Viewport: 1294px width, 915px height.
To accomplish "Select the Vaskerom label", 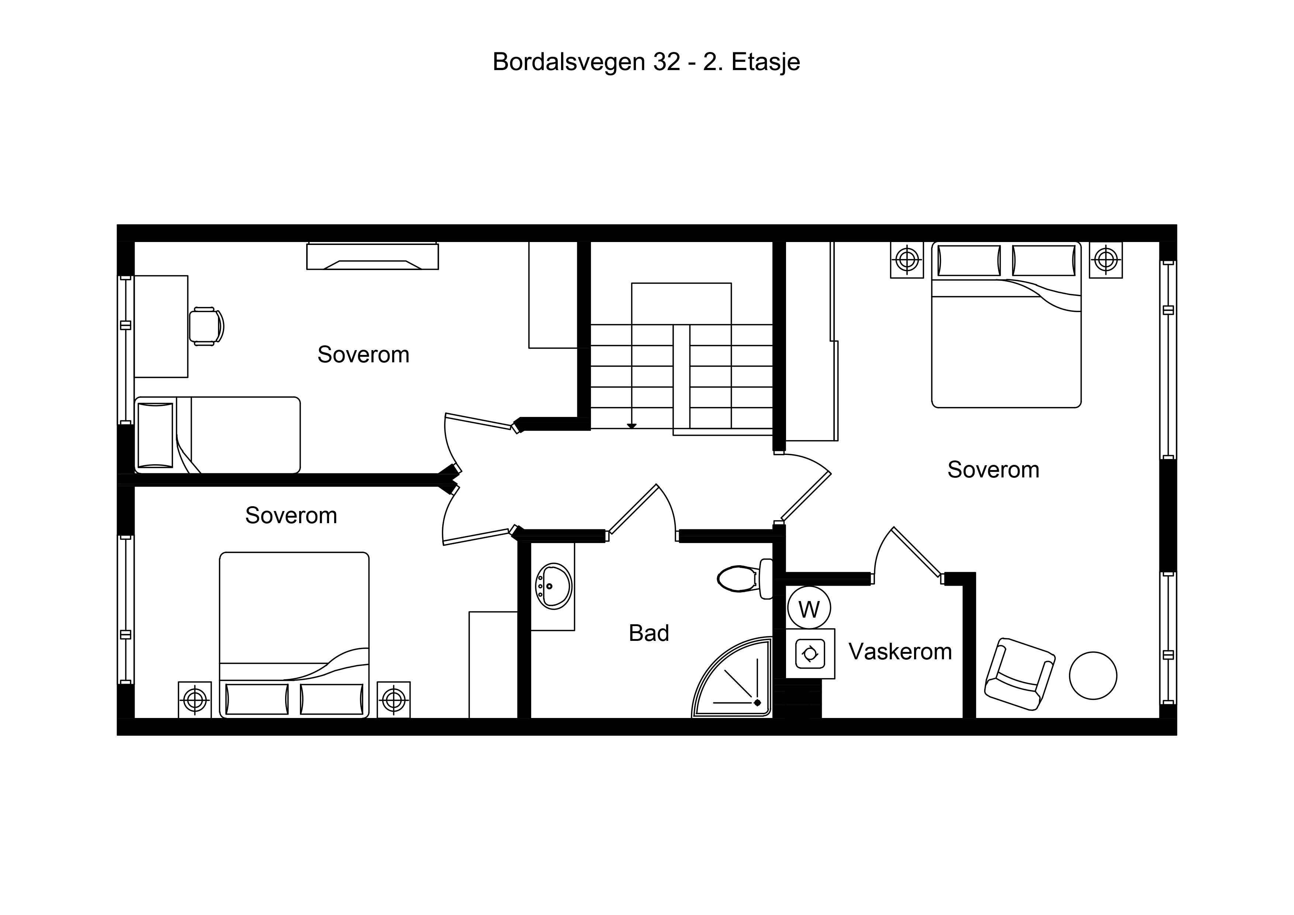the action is point(900,652).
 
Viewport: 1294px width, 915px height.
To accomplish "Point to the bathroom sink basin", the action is point(553,586).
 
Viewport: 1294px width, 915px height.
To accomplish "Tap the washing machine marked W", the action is point(809,609).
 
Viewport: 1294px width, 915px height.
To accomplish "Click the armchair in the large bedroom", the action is point(1020,674).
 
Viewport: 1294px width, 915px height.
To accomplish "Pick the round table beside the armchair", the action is point(1093,676).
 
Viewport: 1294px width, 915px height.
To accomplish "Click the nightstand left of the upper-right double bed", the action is point(907,260).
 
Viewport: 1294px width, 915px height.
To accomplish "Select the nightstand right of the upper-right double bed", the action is point(1106,260).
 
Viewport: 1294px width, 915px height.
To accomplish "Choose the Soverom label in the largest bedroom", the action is point(993,470).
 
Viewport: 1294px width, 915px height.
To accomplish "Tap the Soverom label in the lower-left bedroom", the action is point(291,516).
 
